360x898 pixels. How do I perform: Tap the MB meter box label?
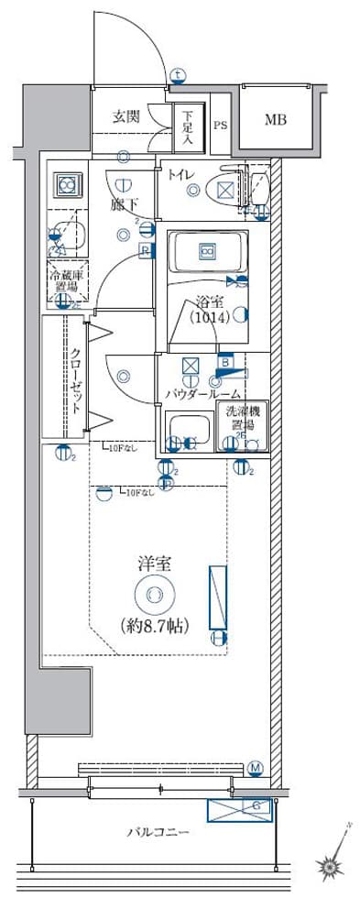pos(276,119)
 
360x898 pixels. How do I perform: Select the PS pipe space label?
pos(220,126)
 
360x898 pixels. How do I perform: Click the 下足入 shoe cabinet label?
pos(187,129)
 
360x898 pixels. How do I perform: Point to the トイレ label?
pos(180,175)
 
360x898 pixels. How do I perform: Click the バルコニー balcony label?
pos(158,833)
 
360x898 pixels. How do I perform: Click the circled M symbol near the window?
pos(256,766)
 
